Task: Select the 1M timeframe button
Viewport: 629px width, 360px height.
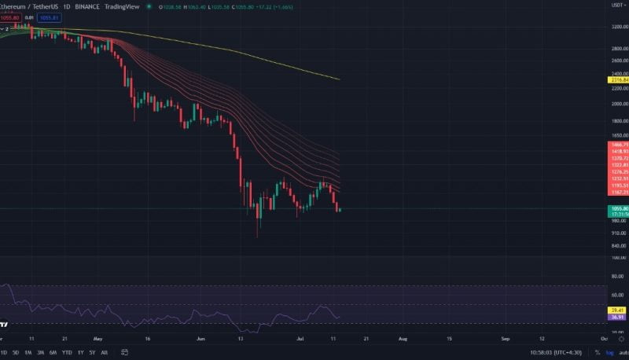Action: (28, 352)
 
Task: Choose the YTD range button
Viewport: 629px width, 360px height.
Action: (67, 352)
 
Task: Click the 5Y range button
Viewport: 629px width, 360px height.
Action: (92, 352)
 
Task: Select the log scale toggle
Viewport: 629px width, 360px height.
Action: (610, 352)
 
